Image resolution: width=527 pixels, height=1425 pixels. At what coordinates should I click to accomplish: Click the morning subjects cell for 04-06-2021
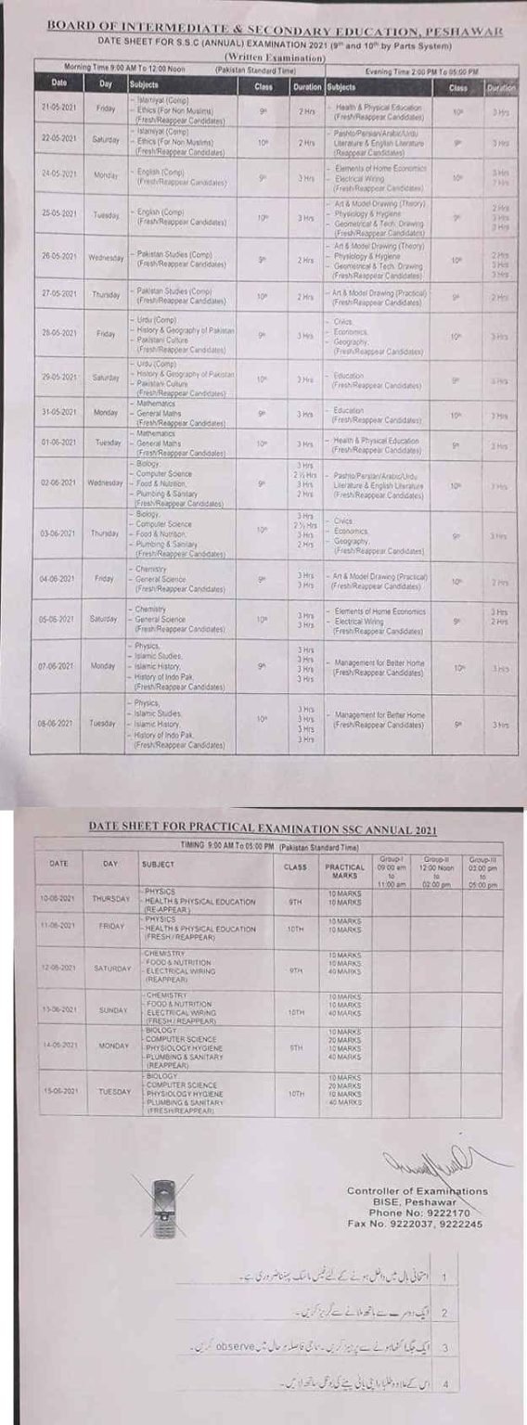pos(181,578)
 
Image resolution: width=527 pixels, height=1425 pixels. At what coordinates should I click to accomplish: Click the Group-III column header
pos(482,872)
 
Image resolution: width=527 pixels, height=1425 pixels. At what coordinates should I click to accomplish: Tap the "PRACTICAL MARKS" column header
pos(345,871)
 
